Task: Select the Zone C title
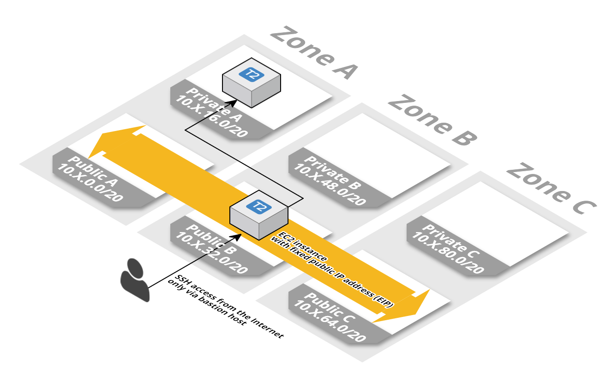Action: (551, 188)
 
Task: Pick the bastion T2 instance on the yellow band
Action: (259, 215)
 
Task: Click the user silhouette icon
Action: (135, 280)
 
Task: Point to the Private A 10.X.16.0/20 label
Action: (214, 113)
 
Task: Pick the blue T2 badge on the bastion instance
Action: (258, 206)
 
